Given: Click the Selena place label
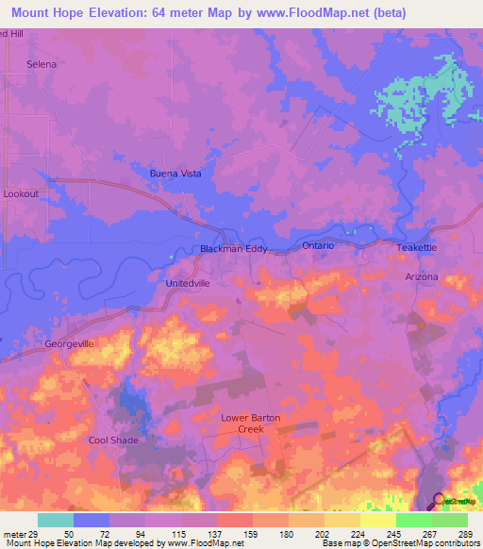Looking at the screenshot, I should (42, 64).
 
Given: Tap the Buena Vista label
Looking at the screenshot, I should (176, 175).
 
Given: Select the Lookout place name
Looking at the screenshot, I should (22, 193).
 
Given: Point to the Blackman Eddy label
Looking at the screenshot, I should (234, 249).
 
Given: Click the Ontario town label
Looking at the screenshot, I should (319, 245).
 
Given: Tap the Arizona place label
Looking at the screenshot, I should (422, 276).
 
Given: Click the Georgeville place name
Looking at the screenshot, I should (70, 344).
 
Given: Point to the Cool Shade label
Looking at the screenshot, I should (113, 441).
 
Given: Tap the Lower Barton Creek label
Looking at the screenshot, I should (251, 424).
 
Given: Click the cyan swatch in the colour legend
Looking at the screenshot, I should (56, 520).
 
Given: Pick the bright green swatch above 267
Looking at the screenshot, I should (413, 520).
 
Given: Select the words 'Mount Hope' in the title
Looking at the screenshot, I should (50, 12).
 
